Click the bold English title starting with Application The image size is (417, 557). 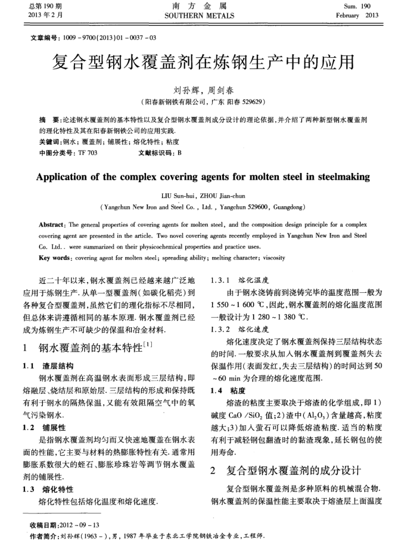point(203,177)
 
